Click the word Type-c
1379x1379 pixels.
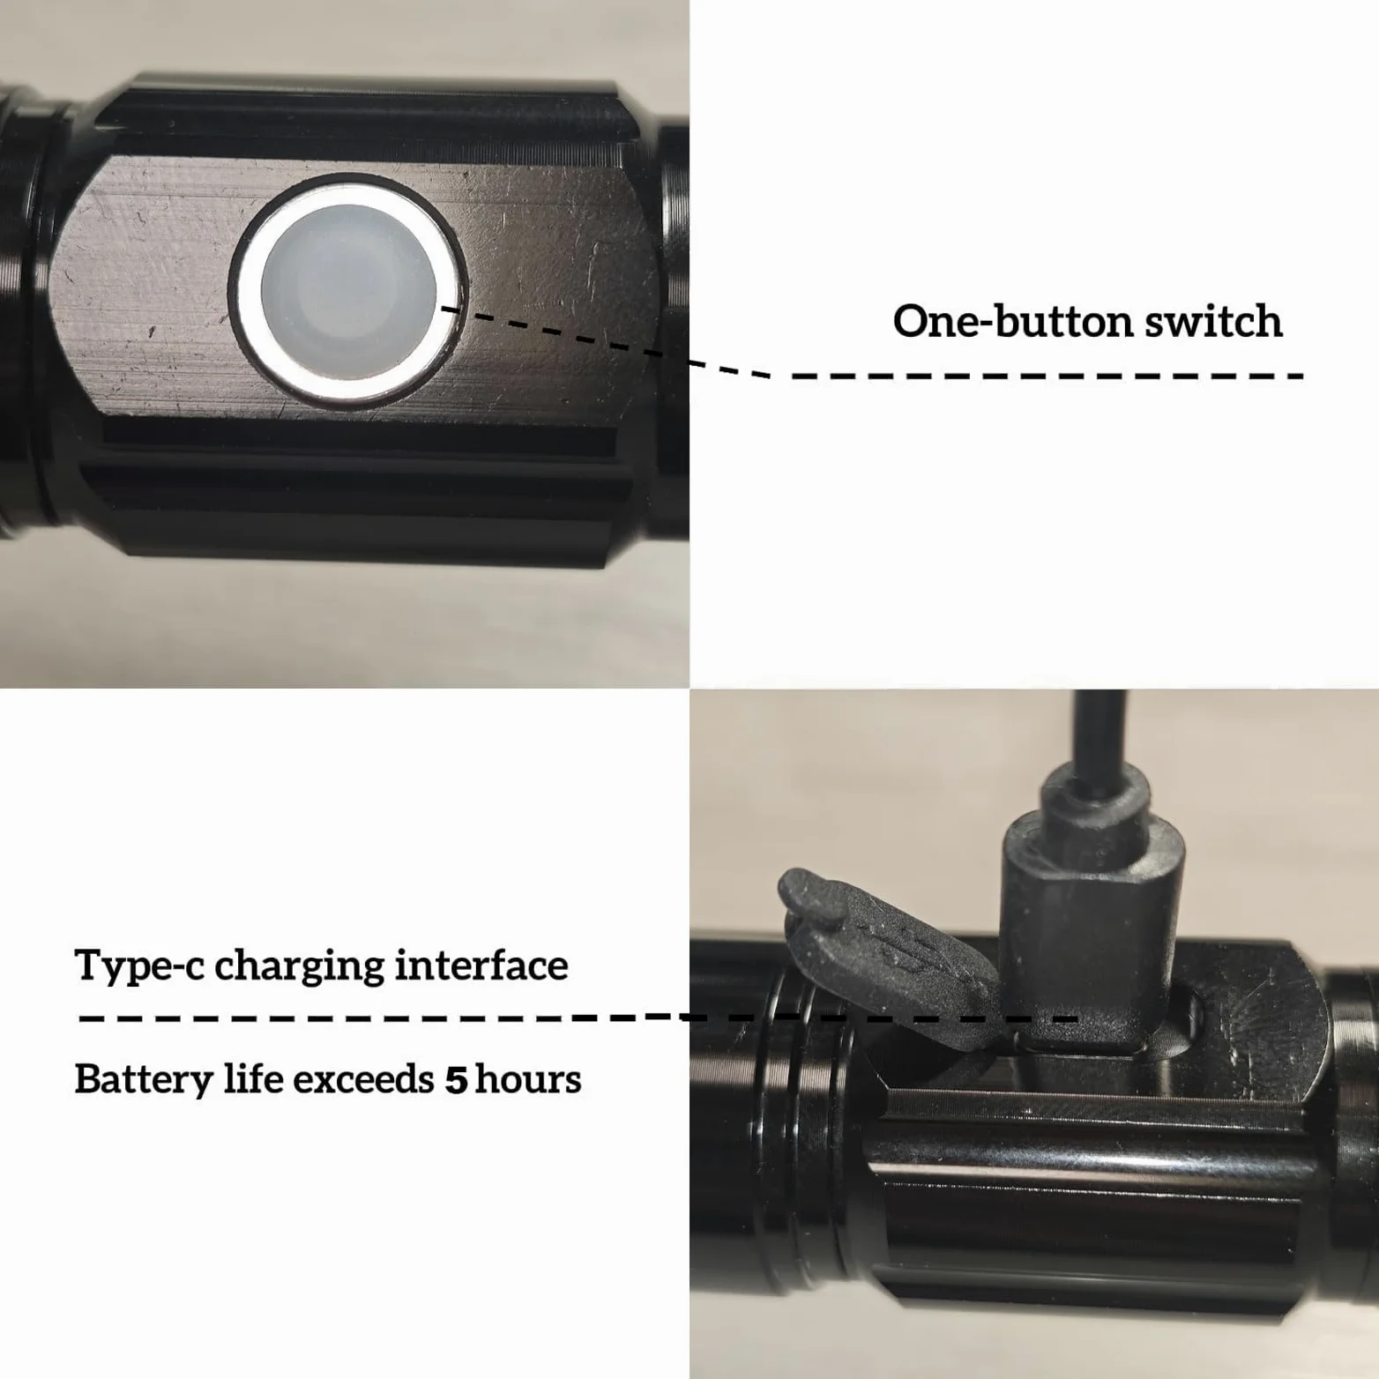(139, 966)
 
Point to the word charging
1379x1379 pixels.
(299, 966)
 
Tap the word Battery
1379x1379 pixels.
(144, 1080)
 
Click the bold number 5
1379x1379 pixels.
(455, 1080)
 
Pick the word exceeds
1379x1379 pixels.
(363, 1079)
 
